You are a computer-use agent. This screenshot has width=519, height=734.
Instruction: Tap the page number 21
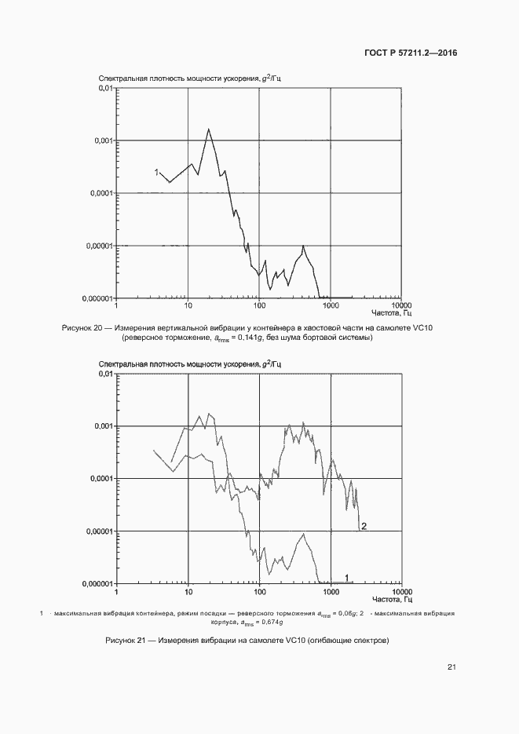[451, 668]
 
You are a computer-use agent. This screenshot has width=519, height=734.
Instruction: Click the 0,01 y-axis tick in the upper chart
[105, 88]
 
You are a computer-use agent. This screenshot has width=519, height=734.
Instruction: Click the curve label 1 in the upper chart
[156, 172]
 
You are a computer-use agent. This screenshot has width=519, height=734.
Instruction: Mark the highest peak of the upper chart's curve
[208, 130]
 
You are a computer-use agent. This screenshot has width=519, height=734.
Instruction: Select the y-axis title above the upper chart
[185, 79]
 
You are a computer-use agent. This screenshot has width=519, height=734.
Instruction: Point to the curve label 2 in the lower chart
[364, 526]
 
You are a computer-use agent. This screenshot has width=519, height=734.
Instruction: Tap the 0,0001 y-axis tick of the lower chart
[101, 479]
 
